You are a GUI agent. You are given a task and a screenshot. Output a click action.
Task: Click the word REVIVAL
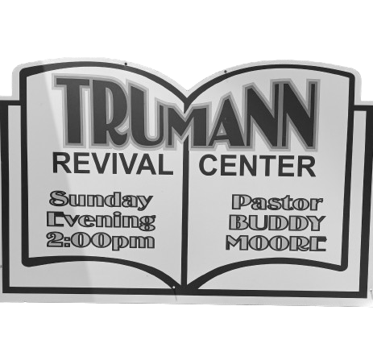pos(113,163)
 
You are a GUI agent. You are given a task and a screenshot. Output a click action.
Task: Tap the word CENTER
pos(257,165)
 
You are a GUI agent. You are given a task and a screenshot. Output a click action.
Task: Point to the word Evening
pos(102,221)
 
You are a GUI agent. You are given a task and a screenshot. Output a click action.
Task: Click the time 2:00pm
pos(101,241)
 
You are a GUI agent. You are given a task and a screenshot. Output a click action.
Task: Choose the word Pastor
pos(277,203)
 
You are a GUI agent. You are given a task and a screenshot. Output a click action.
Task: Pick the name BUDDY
pos(277,223)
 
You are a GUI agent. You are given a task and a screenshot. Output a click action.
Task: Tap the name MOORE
pos(276,243)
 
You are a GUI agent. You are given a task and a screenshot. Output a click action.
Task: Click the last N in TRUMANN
pos(299,115)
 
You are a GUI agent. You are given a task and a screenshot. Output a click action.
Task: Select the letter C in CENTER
pos(209,165)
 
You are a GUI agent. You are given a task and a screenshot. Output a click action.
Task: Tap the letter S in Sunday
pos(57,198)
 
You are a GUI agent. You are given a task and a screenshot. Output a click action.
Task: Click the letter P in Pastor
pos(241,202)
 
